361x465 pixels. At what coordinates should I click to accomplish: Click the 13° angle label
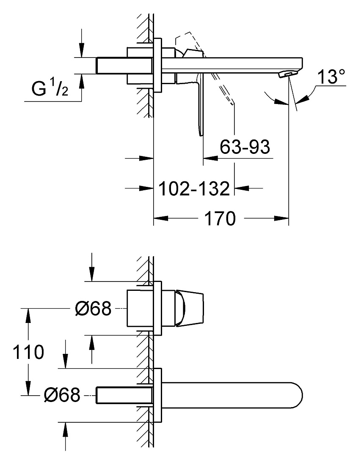[331, 77]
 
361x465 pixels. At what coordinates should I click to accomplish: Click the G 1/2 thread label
[50, 88]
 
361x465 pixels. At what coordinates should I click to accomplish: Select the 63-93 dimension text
[245, 147]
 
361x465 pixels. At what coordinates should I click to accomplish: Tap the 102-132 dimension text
[194, 188]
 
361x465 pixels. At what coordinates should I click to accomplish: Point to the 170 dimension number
[220, 219]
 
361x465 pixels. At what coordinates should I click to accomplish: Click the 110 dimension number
[28, 352]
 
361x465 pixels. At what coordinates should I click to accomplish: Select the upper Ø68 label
[93, 309]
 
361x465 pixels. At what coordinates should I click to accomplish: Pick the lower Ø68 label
[62, 395]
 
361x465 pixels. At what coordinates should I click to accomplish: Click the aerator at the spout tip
[287, 74]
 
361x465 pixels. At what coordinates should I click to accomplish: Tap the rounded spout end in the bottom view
[297, 395]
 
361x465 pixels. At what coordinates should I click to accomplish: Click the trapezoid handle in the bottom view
[190, 309]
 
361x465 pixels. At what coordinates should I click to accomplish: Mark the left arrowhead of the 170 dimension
[161, 219]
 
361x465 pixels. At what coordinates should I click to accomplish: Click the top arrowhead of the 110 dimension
[28, 316]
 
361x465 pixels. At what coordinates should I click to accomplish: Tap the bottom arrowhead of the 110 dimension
[28, 388]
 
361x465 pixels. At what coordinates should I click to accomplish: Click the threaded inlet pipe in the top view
[125, 65]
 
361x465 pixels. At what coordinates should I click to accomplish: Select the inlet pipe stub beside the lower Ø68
[125, 395]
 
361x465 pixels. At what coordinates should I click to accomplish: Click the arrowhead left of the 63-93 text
[210, 159]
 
